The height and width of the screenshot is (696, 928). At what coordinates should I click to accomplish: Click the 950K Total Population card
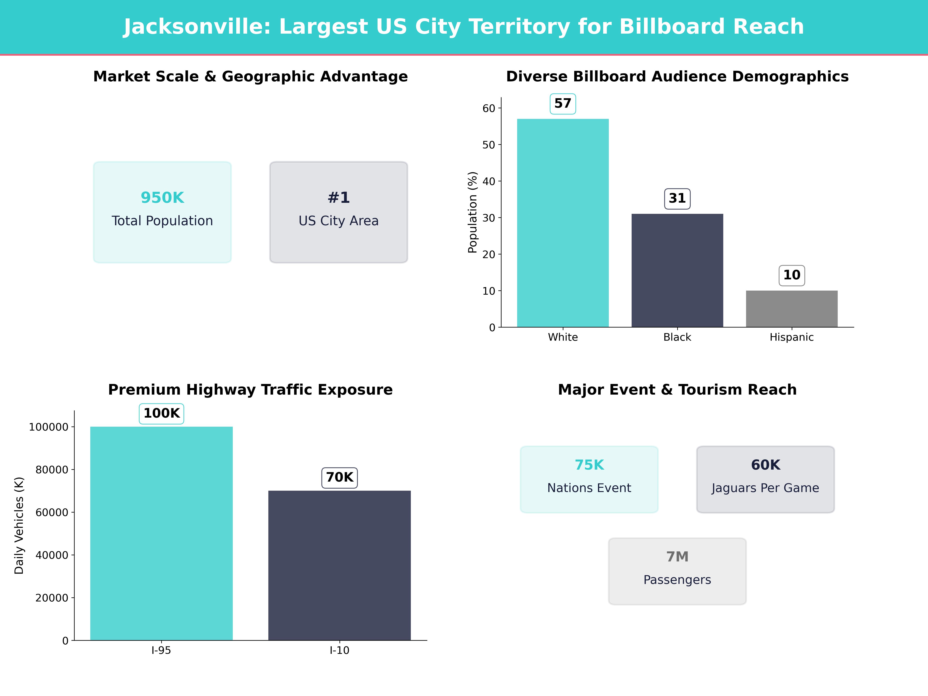[162, 212]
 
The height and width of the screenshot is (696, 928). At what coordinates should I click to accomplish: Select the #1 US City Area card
[339, 212]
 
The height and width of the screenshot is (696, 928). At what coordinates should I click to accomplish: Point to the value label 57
[563, 104]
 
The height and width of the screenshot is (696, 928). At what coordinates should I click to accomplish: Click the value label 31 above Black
[677, 198]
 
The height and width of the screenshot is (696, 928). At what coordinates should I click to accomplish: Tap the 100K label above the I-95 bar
[161, 414]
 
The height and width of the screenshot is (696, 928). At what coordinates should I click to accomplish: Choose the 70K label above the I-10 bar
[339, 477]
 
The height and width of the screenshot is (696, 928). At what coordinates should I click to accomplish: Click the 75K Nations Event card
[589, 479]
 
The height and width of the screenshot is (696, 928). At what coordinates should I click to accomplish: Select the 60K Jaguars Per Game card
[765, 479]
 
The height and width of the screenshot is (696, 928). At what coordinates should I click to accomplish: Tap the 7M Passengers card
[677, 571]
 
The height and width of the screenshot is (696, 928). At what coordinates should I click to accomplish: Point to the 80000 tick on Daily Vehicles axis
[52, 470]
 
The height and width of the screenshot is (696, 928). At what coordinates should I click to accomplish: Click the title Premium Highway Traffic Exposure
[250, 390]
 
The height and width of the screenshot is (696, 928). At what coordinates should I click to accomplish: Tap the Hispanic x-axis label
[792, 337]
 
